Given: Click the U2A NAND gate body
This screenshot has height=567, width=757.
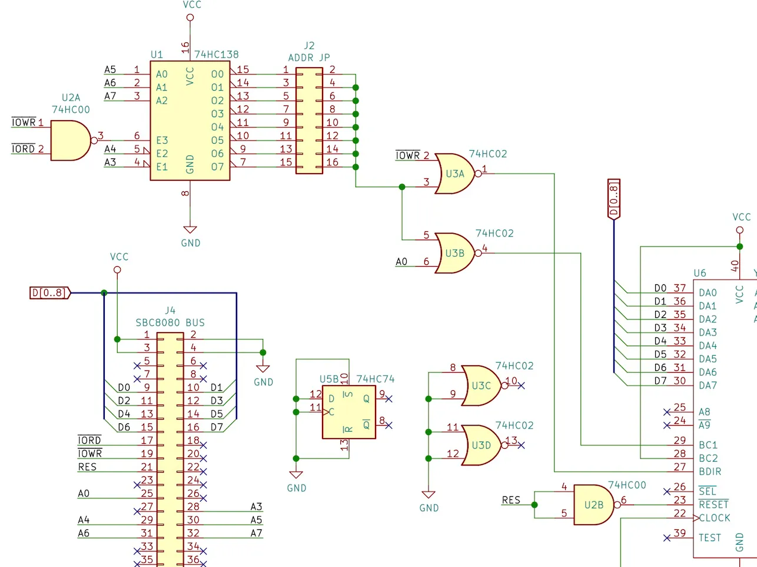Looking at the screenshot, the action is point(71,140).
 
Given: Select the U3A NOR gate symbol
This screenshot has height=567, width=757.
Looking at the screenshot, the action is point(454,174).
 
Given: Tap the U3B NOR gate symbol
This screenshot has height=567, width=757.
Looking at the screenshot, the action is point(454,253).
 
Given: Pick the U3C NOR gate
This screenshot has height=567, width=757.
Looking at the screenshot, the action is point(481,386).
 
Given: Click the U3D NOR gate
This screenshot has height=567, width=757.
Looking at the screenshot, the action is point(481,445).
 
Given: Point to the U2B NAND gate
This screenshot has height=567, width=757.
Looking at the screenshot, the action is point(594,505).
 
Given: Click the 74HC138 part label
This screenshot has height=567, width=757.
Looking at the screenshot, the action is point(216,55).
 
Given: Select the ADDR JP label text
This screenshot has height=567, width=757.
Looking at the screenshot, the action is point(309,58).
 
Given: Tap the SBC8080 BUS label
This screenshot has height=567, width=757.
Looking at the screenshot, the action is point(170,323).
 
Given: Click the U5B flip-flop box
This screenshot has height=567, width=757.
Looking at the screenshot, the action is point(348,412).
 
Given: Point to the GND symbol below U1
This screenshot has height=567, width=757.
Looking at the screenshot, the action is point(190,230).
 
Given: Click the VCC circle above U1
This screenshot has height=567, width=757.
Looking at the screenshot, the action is point(190,17).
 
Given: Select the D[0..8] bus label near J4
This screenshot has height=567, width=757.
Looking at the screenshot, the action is point(50,293).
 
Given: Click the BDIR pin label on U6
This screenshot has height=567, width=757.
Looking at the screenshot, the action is point(710,472).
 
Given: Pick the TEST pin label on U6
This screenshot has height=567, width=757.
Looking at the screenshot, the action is point(710,538).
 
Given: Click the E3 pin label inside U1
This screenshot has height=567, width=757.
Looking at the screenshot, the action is point(162,140).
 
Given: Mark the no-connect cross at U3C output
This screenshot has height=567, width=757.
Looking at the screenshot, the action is point(521,386).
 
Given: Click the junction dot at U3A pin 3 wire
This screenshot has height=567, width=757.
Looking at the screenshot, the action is point(402,187).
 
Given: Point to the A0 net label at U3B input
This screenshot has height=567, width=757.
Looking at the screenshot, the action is point(401,262).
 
